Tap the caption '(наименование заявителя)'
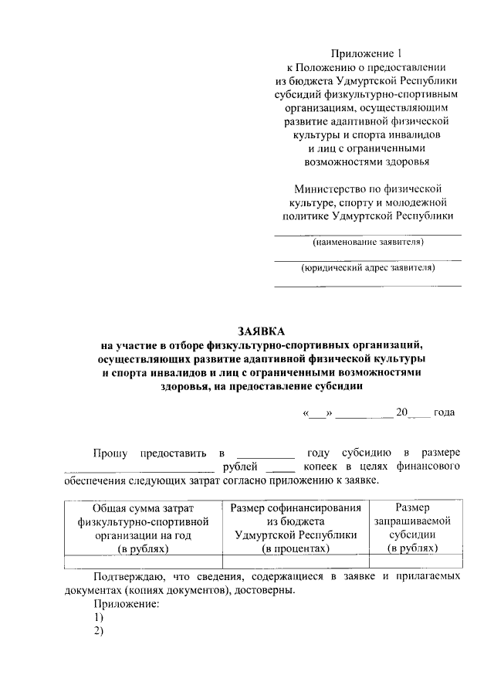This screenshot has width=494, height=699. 367,243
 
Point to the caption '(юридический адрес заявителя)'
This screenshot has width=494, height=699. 367,269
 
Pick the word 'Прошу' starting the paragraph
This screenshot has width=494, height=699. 111,452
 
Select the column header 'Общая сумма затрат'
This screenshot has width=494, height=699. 143,507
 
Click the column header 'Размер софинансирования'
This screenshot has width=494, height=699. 296,507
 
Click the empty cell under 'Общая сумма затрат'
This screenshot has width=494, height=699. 143,562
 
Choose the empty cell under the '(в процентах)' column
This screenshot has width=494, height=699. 296,562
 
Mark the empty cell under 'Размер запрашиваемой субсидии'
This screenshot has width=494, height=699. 412,562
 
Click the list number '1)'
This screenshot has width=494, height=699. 98,618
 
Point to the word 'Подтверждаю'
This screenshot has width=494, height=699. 127,576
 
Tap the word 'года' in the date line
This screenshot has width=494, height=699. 444,412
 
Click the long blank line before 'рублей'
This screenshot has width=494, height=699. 139,468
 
